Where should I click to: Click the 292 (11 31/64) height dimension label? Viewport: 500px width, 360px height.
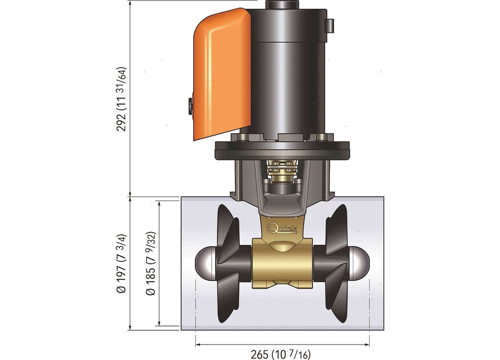click(121, 99)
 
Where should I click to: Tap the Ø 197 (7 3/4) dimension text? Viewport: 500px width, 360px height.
click(121, 264)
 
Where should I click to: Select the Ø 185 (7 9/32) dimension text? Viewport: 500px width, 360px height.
click(150, 264)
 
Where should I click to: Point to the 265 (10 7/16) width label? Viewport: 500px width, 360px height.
click(280, 354)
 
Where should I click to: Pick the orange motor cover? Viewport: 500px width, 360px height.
click(222, 74)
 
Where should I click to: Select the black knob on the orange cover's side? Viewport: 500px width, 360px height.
click(191, 106)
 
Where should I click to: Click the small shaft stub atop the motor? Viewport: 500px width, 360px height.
click(282, 5)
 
